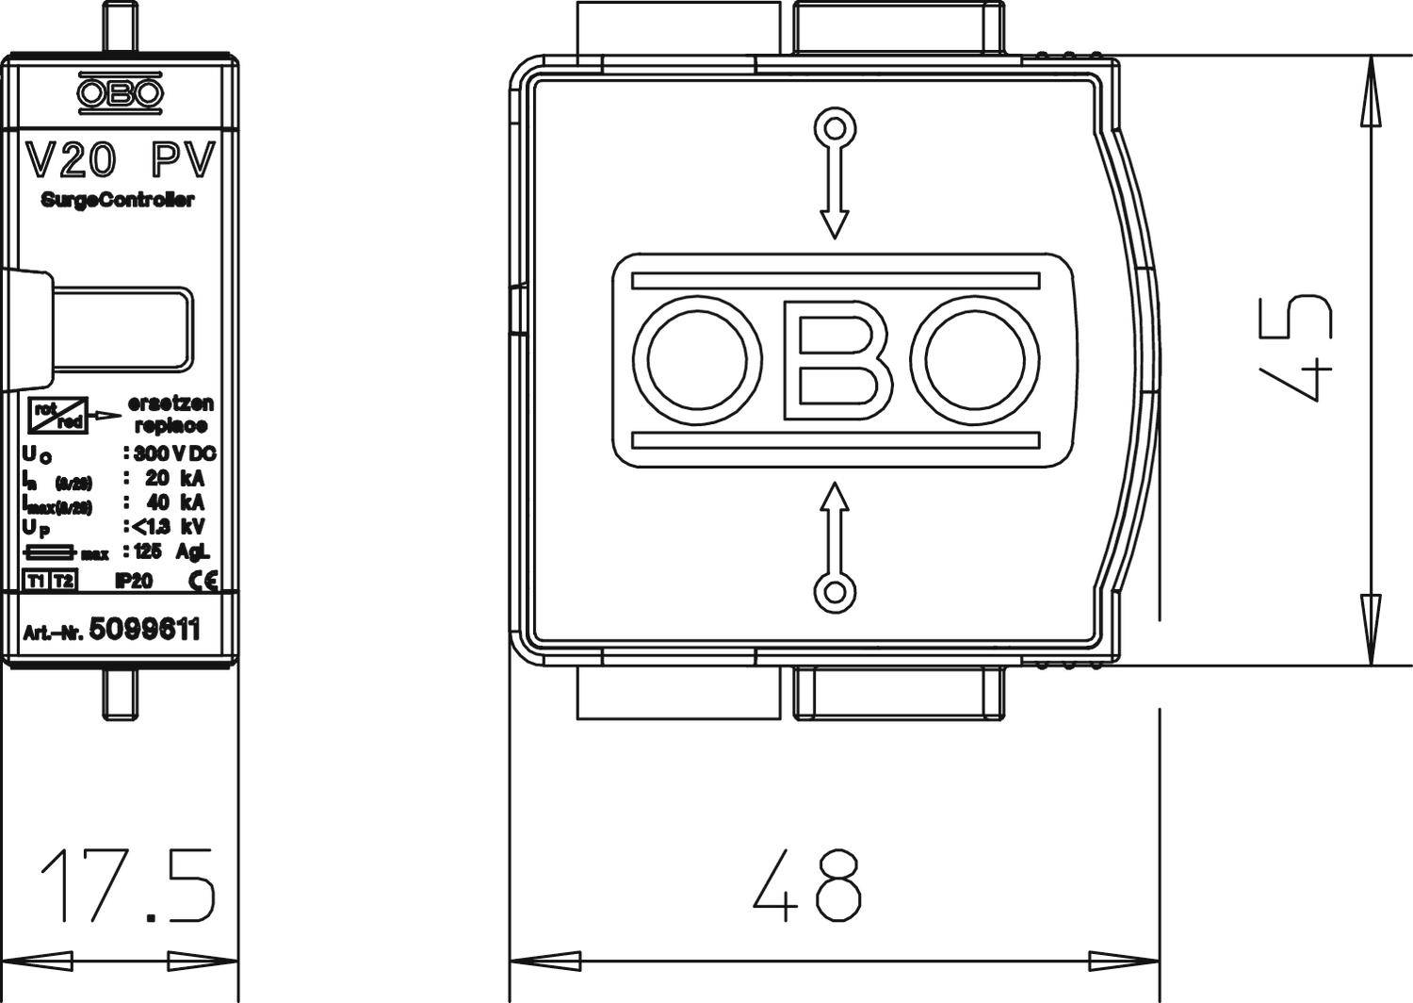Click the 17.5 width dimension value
point(127,885)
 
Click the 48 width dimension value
point(808,885)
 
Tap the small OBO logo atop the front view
point(120,93)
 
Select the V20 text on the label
point(71,159)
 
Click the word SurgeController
point(118,200)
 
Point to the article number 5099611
point(144,630)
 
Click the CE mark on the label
point(203,581)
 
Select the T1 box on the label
point(36,581)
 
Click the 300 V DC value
point(175,453)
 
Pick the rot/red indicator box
point(58,415)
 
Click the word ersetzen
point(171,403)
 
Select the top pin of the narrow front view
point(120,27)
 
